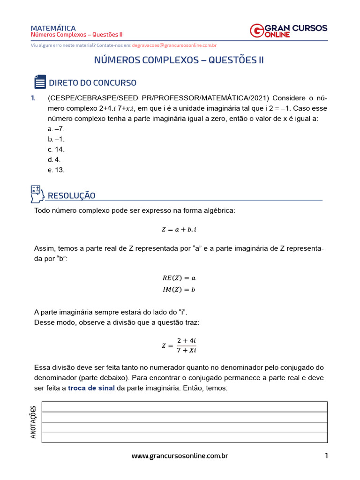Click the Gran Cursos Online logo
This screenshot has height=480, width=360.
click(x=289, y=30)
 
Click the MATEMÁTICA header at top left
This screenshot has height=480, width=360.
click(x=53, y=28)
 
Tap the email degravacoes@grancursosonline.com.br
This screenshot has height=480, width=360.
click(x=174, y=45)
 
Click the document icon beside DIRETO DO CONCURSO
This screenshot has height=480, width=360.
click(x=40, y=82)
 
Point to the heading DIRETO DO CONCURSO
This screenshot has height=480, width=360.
click(x=92, y=83)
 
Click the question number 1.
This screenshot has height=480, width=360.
click(x=33, y=98)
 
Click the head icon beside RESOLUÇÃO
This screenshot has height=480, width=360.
click(x=37, y=193)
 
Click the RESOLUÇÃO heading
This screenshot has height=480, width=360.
click(x=72, y=195)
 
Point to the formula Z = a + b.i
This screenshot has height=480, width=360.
click(x=180, y=229)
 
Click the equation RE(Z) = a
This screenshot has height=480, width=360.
click(x=179, y=278)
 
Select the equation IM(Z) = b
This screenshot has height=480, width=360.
click(x=179, y=289)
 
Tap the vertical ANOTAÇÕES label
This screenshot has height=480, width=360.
click(x=33, y=422)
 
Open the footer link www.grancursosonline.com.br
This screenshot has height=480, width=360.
click(x=180, y=456)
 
